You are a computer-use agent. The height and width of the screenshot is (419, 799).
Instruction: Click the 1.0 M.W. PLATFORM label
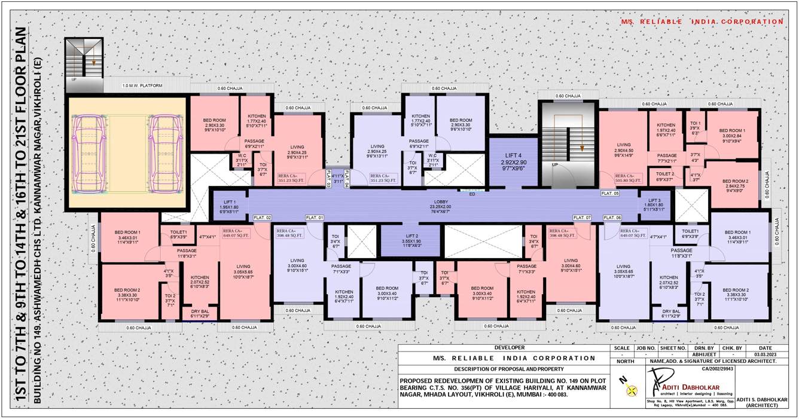pyautogui.click(x=142, y=86)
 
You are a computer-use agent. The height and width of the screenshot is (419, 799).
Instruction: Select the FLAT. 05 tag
pyautogui.click(x=611, y=194)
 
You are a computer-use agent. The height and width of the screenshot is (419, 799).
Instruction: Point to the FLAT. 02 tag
pyautogui.click(x=263, y=218)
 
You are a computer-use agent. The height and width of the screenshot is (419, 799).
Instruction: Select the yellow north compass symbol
pyautogui.click(x=628, y=391)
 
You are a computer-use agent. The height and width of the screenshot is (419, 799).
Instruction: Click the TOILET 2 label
pyautogui.click(x=664, y=176)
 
